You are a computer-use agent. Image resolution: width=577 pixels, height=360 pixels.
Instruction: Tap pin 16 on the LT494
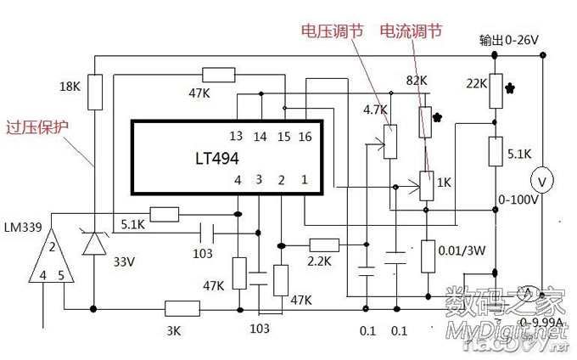[x=304, y=137]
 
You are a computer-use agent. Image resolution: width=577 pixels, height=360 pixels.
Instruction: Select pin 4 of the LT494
[x=238, y=180]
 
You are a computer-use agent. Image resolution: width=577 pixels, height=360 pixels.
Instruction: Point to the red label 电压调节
[x=332, y=31]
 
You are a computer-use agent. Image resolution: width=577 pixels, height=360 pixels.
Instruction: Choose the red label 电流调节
[x=411, y=31]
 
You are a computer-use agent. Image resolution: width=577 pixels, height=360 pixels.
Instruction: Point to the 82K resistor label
[x=417, y=80]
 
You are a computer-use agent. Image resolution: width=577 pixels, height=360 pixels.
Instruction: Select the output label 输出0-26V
[x=511, y=41]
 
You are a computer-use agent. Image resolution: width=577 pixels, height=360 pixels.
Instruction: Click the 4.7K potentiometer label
[x=375, y=110]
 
